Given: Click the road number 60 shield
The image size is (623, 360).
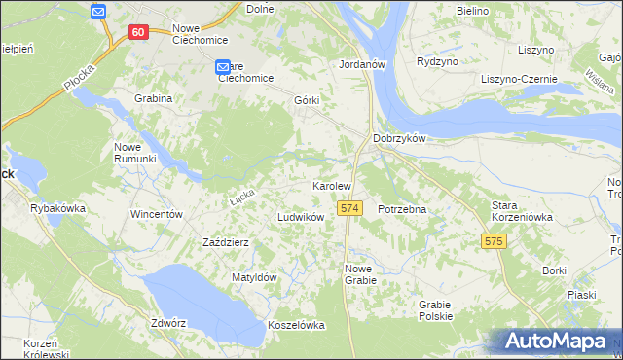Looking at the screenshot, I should tap(137, 32).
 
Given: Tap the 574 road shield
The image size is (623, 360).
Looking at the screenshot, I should tap(350, 209).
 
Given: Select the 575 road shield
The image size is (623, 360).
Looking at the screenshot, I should tap(494, 240).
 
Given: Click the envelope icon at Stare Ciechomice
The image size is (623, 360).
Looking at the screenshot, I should tap(223, 67).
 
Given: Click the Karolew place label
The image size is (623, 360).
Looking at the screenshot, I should tap(331, 185).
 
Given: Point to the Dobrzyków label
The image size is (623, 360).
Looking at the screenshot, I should tap(400, 138).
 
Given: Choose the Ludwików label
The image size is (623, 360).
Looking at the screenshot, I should tap(301, 217).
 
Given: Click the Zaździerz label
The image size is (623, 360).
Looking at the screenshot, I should tap(227, 242).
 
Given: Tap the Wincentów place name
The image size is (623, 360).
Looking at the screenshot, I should tap(157, 213).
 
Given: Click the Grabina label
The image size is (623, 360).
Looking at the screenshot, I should tap(154, 98).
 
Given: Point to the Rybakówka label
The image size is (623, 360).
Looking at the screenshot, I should tap(58, 208).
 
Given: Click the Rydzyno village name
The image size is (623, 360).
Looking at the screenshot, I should tap(436, 60).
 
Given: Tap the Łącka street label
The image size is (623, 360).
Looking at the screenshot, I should tap(242, 196).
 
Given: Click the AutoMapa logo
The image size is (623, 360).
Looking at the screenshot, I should tap(556, 341).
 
